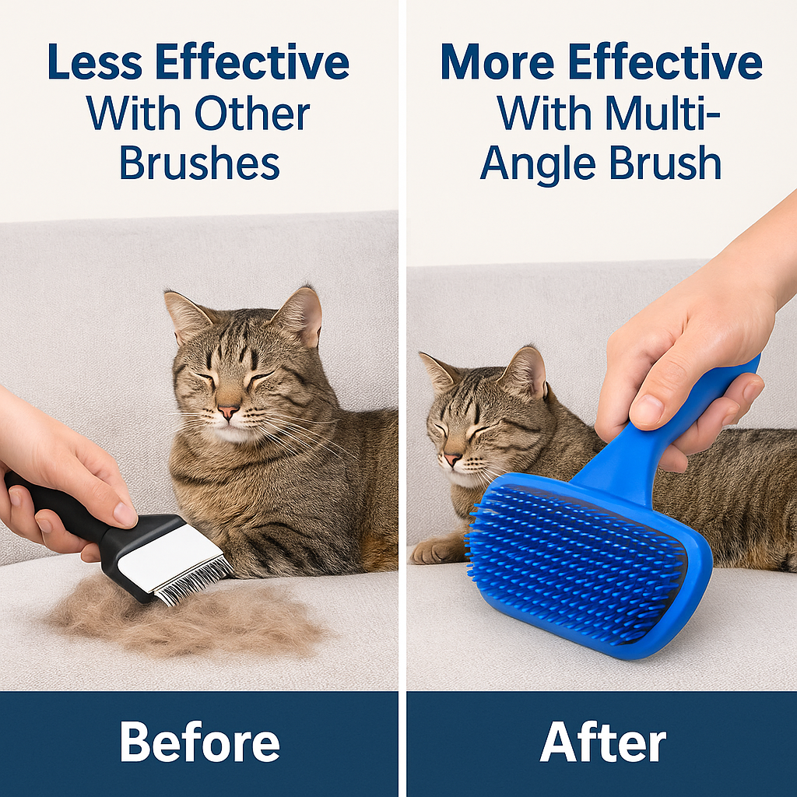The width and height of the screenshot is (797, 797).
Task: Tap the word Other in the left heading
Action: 252,114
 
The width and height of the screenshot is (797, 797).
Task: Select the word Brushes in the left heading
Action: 199,164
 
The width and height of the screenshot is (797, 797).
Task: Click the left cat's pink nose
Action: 228,411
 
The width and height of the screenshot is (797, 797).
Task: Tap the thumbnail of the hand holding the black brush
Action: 125,513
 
